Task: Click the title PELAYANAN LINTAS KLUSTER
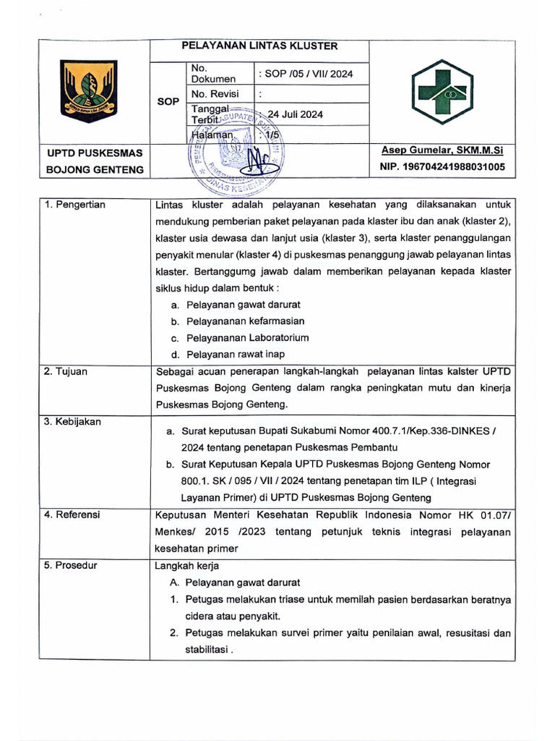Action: pyautogui.click(x=259, y=46)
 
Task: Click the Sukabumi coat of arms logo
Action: pyautogui.click(x=89, y=91)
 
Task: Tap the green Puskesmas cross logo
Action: pyautogui.click(x=444, y=91)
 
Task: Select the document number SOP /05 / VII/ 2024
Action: pyautogui.click(x=305, y=74)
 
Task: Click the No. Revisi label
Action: pyautogui.click(x=215, y=94)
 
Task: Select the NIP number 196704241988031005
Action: pyautogui.click(x=442, y=167)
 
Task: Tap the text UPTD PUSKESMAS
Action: pyautogui.click(x=95, y=153)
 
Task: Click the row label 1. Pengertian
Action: pyautogui.click(x=74, y=205)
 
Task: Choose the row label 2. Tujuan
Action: pyautogui.click(x=66, y=371)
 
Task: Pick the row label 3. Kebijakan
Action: pyautogui.click(x=72, y=421)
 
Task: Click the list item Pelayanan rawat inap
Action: pyautogui.click(x=235, y=355)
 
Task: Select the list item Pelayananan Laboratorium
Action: pyautogui.click(x=247, y=338)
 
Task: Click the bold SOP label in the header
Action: pyautogui.click(x=168, y=102)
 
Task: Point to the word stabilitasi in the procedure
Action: pyautogui.click(x=207, y=649)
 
